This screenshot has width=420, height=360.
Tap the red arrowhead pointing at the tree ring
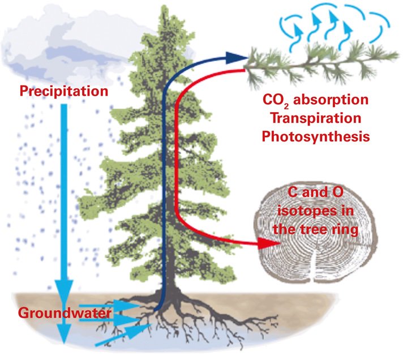click(x=265, y=244)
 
